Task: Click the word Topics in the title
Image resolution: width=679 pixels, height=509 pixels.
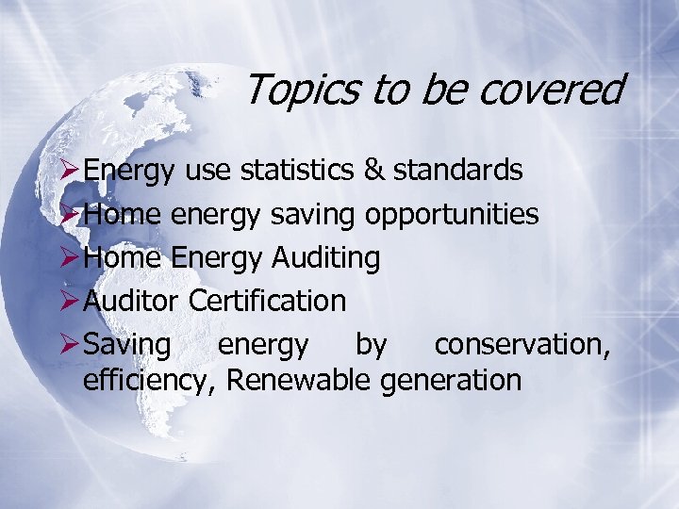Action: pos(304,90)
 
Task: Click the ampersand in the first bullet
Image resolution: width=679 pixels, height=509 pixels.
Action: pos(373,171)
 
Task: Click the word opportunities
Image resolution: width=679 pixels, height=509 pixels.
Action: pos(452,216)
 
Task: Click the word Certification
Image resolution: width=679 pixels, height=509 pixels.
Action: pos(267,302)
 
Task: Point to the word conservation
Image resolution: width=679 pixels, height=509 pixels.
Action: pos(522,345)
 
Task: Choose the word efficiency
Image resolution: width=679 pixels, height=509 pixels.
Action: pos(150,382)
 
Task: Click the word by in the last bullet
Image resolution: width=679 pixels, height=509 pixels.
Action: pos(371,346)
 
